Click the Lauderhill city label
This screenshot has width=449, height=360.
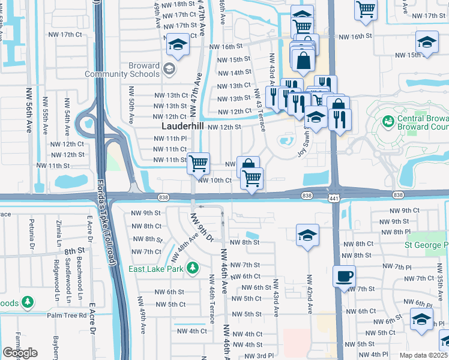point(183,127)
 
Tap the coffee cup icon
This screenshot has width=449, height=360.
point(345,277)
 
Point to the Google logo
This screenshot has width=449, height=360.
point(20,353)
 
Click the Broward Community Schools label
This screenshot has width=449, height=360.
point(122,70)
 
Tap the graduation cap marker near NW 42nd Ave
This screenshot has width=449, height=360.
point(307,235)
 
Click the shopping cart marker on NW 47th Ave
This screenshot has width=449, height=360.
point(198,163)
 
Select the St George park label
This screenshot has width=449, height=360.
point(427,245)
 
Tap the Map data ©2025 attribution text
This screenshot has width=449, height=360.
point(424,355)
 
